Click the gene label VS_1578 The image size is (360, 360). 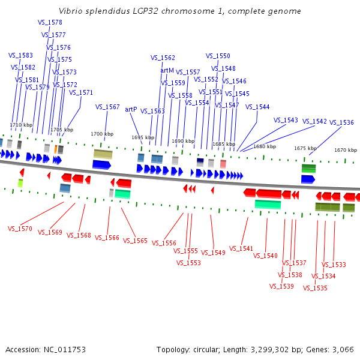pos(50,22)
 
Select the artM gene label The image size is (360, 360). pos(167,70)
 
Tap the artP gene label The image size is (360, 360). pos(131,109)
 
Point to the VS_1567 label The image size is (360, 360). pos(107,107)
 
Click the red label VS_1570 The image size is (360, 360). pos(20,229)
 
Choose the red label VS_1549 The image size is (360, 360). pos(213,253)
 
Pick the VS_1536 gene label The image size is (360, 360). pos(341,122)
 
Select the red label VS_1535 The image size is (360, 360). pos(315,288)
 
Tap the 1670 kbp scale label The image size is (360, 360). pos(345,150)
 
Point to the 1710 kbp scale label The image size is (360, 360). pos(20,125)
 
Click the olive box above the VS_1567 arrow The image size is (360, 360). pos(103,154)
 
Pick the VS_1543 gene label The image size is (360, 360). pos(286,120)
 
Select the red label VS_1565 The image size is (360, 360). pos(135,241)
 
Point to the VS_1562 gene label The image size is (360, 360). pos(163,58)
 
